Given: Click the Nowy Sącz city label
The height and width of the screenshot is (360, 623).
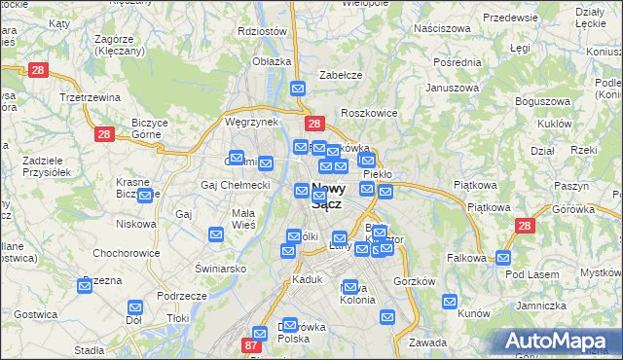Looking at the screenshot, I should tap(328, 196).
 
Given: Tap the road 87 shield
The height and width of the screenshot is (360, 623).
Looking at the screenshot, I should tap(252, 346).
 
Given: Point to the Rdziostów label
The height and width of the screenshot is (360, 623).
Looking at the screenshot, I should tap(262, 30).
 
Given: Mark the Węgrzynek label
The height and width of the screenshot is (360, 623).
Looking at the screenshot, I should tap(251, 122).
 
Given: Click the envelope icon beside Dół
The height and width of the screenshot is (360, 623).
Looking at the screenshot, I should tap(135, 306).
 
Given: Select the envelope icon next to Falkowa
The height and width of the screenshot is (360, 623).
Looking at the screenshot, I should tap(503, 258).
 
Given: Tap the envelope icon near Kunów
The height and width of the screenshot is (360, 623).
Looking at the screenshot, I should tap(450, 302).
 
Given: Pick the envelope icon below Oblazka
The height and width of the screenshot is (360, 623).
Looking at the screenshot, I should tap(298, 89).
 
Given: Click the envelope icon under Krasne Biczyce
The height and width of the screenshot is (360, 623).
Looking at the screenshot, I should tap(145, 196).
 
